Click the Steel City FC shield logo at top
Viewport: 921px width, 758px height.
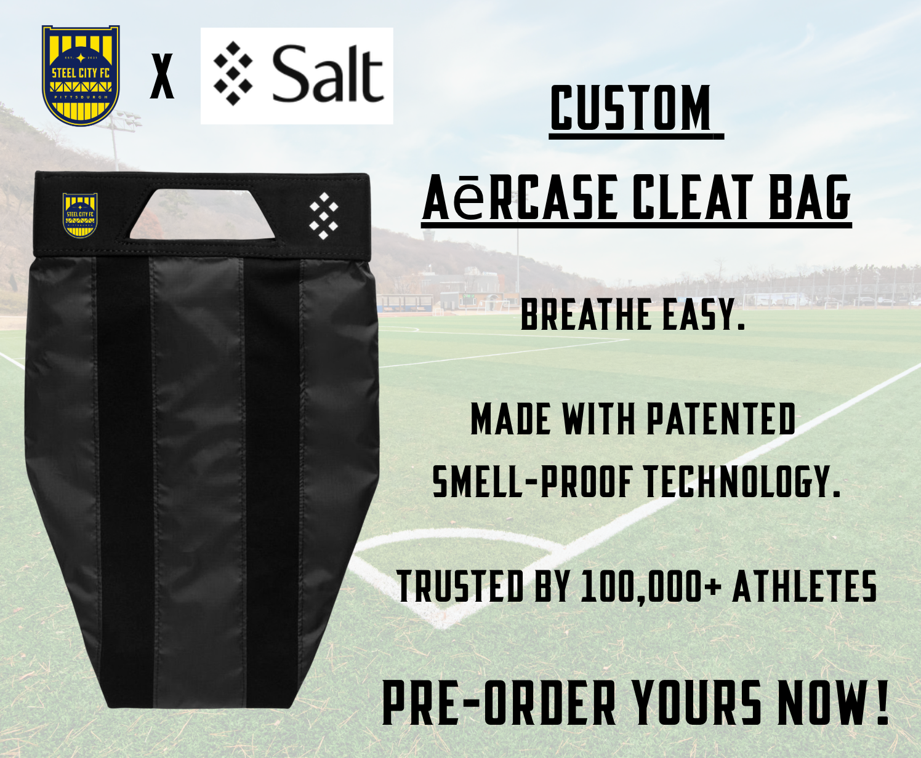[x=81, y=76]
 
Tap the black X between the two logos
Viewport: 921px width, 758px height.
[x=162, y=76]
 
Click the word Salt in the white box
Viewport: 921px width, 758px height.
[x=328, y=74]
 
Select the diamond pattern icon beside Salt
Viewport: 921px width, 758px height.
[x=233, y=74]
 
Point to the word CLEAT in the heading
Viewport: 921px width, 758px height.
[x=690, y=197]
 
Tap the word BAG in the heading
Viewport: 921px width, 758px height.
[x=810, y=197]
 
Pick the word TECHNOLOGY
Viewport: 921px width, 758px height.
[x=741, y=482]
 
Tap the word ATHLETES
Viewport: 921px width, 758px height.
[x=805, y=586]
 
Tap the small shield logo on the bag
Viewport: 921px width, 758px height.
[x=80, y=215]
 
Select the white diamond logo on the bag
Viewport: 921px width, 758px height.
[x=324, y=216]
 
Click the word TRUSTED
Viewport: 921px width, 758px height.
[x=460, y=586]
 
